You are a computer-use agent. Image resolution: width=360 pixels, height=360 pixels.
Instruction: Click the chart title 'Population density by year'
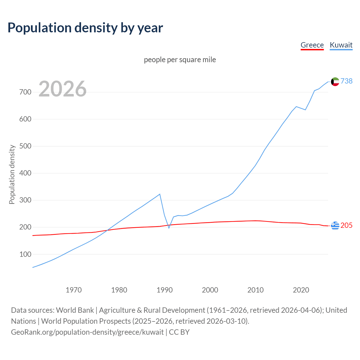(85, 28)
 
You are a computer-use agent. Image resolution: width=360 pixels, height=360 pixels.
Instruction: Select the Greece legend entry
(312, 45)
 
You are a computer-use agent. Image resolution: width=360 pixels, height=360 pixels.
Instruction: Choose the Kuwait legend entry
(341, 45)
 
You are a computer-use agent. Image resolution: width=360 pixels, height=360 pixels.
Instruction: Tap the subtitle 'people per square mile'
(180, 60)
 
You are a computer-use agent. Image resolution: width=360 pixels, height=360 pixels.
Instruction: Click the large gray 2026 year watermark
(62, 89)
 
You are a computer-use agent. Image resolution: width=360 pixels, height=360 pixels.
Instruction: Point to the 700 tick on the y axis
(25, 92)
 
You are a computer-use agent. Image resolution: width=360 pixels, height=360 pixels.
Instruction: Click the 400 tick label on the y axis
(25, 173)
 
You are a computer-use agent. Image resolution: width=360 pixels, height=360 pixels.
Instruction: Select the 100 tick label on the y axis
(25, 254)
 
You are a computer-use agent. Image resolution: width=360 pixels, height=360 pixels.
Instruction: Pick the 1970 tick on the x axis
(74, 290)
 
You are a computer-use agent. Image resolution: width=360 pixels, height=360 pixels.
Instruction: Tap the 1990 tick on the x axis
(165, 290)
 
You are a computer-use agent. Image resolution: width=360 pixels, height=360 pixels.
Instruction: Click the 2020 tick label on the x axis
(301, 290)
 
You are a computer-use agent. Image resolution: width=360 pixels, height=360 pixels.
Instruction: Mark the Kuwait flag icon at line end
(335, 82)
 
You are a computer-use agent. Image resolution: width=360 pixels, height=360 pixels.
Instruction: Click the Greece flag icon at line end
(335, 226)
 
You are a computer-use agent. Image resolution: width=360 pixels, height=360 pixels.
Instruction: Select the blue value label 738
(346, 81)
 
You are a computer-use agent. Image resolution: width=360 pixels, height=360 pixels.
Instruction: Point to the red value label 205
(346, 226)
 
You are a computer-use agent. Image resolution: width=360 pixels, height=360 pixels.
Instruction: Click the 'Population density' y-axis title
(12, 174)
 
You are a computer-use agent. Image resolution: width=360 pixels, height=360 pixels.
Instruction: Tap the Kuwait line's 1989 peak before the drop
(160, 194)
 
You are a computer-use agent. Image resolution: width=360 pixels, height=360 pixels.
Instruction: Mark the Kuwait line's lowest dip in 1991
(169, 228)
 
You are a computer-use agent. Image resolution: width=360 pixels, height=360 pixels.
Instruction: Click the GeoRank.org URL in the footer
(87, 332)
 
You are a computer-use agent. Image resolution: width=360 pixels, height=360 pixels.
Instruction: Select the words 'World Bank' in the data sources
(75, 310)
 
